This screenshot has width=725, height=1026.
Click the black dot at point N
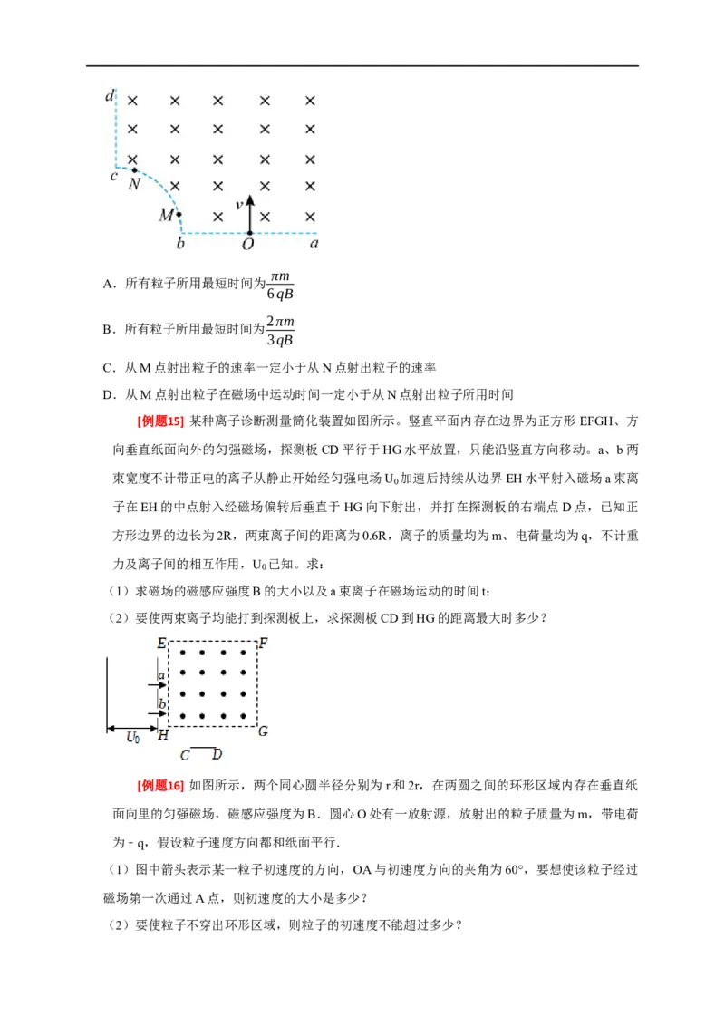point(135,169)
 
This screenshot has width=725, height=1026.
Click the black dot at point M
point(179,215)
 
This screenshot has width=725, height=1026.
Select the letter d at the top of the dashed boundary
point(110,94)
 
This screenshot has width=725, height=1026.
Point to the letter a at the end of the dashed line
point(314,243)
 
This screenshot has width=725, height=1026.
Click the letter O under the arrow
point(247,244)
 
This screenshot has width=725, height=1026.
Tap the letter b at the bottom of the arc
point(180,244)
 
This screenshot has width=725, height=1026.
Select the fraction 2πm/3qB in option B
point(280,330)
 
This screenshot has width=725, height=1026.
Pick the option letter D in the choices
point(108,394)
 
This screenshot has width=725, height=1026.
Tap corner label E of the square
point(161,644)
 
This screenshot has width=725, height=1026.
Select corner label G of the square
point(263,731)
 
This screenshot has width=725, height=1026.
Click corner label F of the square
point(263,644)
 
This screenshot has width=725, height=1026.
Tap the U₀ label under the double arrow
point(133,738)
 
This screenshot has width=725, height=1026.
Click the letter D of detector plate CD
point(217,754)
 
